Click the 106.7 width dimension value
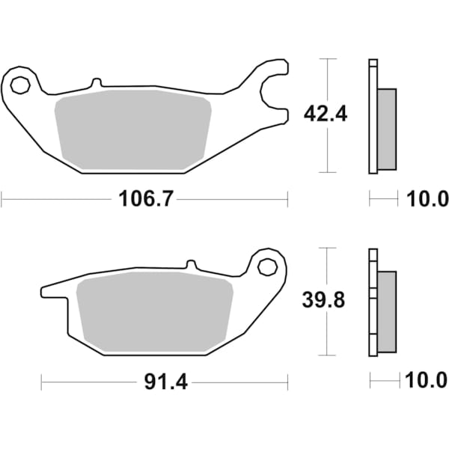(x=143, y=199)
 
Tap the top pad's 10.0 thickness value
(x=427, y=199)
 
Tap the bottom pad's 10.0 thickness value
(x=427, y=382)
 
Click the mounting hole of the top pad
(x=19, y=85)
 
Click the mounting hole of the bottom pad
(x=268, y=266)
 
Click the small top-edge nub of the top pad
(x=96, y=83)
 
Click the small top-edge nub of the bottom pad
(x=190, y=265)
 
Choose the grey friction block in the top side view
(x=387, y=129)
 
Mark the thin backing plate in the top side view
(x=372, y=116)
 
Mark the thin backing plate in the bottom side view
(x=372, y=303)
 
